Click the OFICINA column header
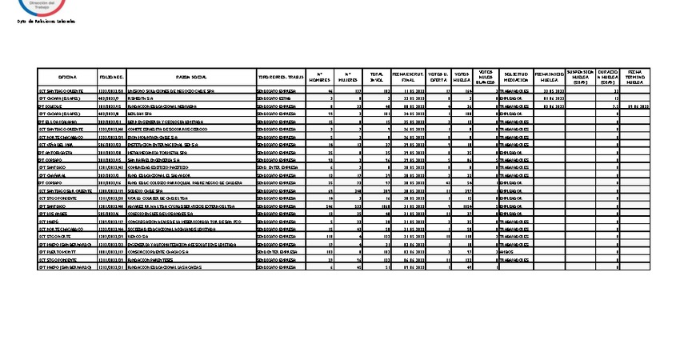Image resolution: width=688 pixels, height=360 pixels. click(67, 77)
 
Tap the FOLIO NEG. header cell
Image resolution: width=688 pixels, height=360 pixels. click(111, 77)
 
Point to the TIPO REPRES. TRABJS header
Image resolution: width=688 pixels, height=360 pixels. click(281, 77)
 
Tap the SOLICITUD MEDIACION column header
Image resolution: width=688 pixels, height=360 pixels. click(516, 77)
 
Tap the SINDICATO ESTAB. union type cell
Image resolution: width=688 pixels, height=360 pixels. click(274, 98)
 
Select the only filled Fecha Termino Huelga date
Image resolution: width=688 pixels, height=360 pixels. click(638, 106)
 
